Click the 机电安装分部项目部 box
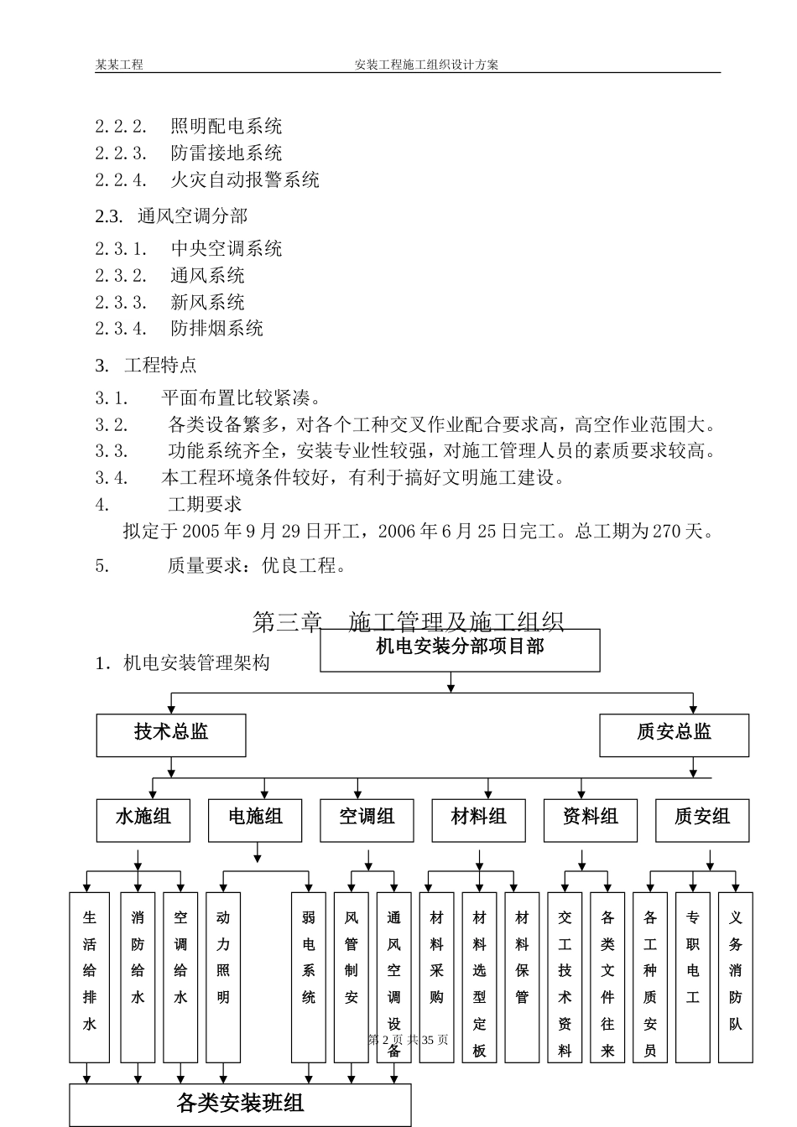pos(460,650)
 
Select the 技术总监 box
pos(171,735)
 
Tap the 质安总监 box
pos(674,735)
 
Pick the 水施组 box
pos(143,819)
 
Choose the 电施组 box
pos(256,819)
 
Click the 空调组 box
pos(367,819)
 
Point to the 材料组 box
pos(479,819)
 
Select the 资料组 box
pos(591,819)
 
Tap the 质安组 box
pos(702,819)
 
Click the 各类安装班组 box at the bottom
pos(240,1104)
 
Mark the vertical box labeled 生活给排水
pos(89,977)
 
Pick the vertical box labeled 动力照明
pos(222,977)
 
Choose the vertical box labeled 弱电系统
pos(308,977)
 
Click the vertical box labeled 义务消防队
pos(735,977)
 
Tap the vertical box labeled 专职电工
pos(692,977)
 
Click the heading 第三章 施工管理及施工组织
pos(408,621)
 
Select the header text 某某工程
pos(119,65)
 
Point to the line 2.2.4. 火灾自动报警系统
pos(207,179)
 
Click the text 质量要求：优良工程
pos(256,566)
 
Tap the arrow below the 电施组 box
pos(257,855)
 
